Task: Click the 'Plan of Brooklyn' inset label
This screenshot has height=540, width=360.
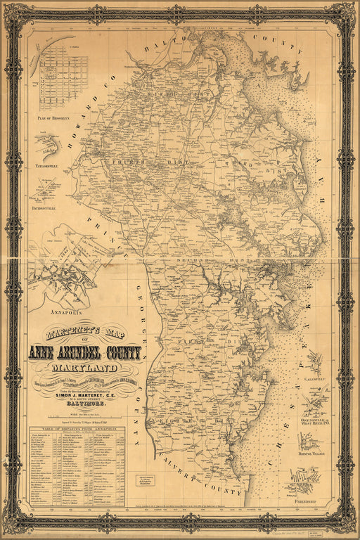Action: (53, 118)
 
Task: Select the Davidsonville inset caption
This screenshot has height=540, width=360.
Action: (49, 209)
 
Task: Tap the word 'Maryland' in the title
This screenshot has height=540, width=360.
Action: (84, 368)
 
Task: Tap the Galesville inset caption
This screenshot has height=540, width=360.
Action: (314, 379)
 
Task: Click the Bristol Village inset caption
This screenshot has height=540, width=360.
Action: (313, 455)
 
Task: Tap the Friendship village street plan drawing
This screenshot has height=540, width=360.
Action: (304, 484)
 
